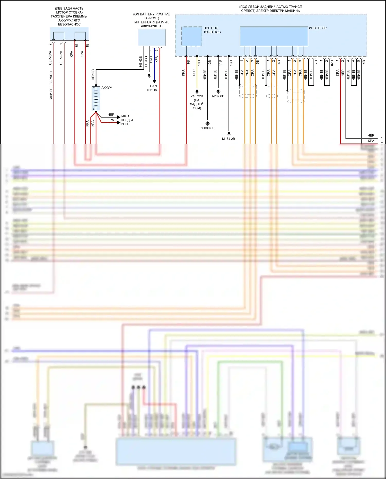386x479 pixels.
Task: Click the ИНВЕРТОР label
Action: [x=318, y=28]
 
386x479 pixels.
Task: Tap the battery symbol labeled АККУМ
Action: [x=96, y=99]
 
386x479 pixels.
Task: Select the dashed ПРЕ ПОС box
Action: [x=192, y=36]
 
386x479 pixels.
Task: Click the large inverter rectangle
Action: [x=274, y=36]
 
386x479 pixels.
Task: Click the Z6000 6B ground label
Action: [x=207, y=128]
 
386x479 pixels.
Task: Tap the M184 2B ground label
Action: [x=229, y=139]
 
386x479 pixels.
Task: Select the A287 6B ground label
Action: [x=218, y=96]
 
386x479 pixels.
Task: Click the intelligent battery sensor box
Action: [x=152, y=38]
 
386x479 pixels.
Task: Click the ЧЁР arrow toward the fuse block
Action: [x=119, y=117]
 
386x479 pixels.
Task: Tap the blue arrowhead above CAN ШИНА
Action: [x=154, y=81]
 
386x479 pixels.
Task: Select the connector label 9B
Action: [x=188, y=62]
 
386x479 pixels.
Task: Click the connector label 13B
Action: [x=231, y=62]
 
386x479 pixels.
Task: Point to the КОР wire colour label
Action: [x=194, y=73]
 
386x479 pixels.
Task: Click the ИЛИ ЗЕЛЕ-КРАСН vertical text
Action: [x=51, y=85]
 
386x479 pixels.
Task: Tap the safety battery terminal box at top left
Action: [x=69, y=34]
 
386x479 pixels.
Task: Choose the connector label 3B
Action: [x=77, y=45]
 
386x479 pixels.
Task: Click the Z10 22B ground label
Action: [x=197, y=96]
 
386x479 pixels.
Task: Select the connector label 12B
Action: [x=209, y=62]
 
